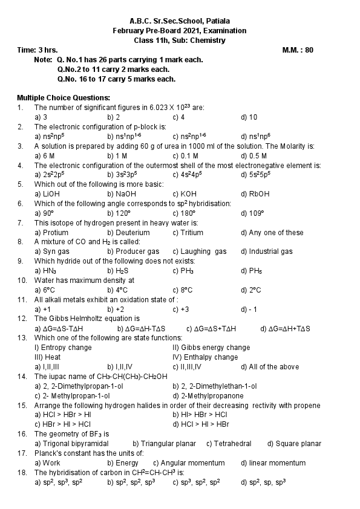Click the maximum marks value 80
click(309, 50)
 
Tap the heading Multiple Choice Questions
click(64, 97)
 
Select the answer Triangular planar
click(164, 444)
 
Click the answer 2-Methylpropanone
click(208, 395)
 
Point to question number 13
click(22, 337)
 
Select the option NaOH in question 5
click(122, 194)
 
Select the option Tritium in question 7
click(188, 233)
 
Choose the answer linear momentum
click(273, 463)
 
